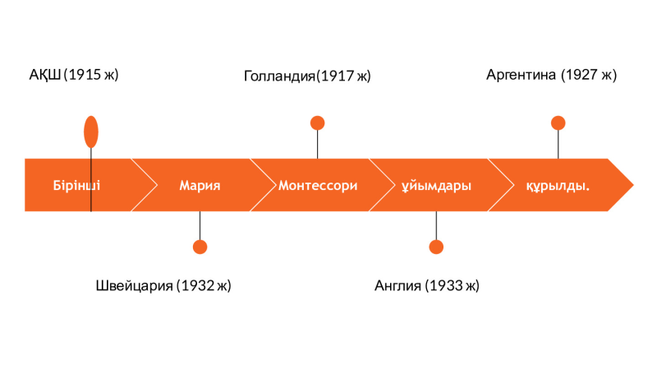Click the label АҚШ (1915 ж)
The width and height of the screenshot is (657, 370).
[74, 75]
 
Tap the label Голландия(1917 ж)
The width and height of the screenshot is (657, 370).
[307, 76]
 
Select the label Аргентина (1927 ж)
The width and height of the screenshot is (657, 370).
[551, 75]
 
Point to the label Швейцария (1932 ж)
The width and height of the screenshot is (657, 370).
[163, 285]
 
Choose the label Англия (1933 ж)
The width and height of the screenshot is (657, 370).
[426, 285]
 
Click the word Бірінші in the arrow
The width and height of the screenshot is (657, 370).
[76, 186]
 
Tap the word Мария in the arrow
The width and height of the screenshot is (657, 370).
[200, 186]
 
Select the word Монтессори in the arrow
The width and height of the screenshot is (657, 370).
[318, 186]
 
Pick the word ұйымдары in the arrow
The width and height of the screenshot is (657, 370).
[436, 186]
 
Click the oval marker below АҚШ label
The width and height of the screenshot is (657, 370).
[91, 132]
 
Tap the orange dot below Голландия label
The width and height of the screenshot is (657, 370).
[318, 123]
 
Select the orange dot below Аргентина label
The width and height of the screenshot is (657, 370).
[558, 123]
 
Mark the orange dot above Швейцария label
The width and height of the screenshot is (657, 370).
[200, 247]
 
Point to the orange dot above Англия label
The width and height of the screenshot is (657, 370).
[436, 247]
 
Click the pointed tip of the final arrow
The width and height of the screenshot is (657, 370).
[633, 185]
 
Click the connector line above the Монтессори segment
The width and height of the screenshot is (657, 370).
[318, 145]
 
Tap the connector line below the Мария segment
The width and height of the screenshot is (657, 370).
[200, 225]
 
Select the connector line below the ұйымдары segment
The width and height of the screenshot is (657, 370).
[436, 225]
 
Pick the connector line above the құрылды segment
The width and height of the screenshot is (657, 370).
[558, 145]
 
